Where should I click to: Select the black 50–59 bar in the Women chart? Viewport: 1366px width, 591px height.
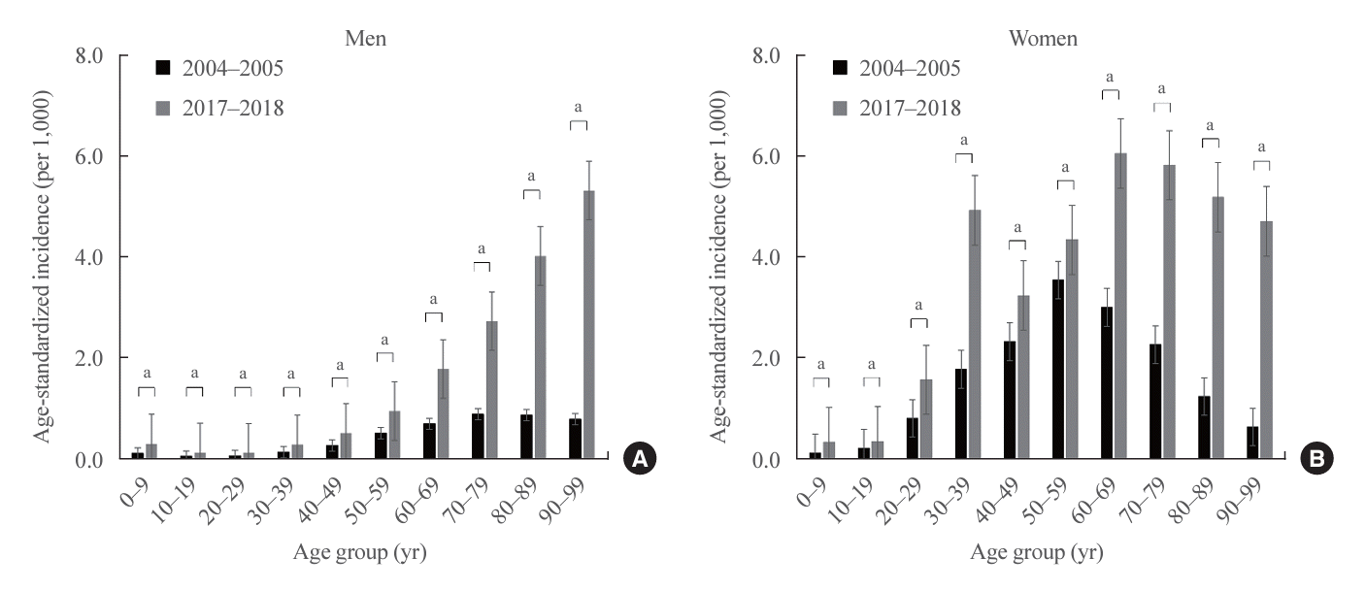click(1058, 370)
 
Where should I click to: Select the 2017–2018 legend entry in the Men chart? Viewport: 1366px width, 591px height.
click(221, 108)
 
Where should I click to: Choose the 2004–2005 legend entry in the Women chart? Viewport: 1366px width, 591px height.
click(897, 68)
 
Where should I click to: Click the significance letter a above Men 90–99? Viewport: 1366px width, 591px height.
click(580, 107)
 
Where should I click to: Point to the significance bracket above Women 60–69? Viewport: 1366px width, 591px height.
click(1111, 92)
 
